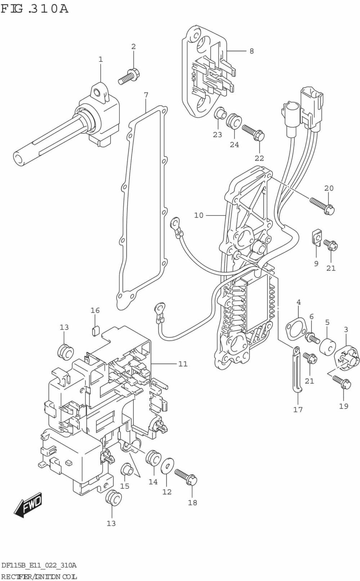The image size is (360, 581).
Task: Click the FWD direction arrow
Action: (x=28, y=504)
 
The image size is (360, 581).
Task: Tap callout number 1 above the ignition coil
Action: (x=100, y=59)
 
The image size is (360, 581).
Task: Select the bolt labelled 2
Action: (x=128, y=76)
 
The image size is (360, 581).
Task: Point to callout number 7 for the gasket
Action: (x=146, y=95)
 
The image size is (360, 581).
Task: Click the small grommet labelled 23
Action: (x=219, y=113)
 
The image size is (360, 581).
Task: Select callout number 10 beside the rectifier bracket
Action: (x=199, y=215)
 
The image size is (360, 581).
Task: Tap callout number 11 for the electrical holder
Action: (x=183, y=364)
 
